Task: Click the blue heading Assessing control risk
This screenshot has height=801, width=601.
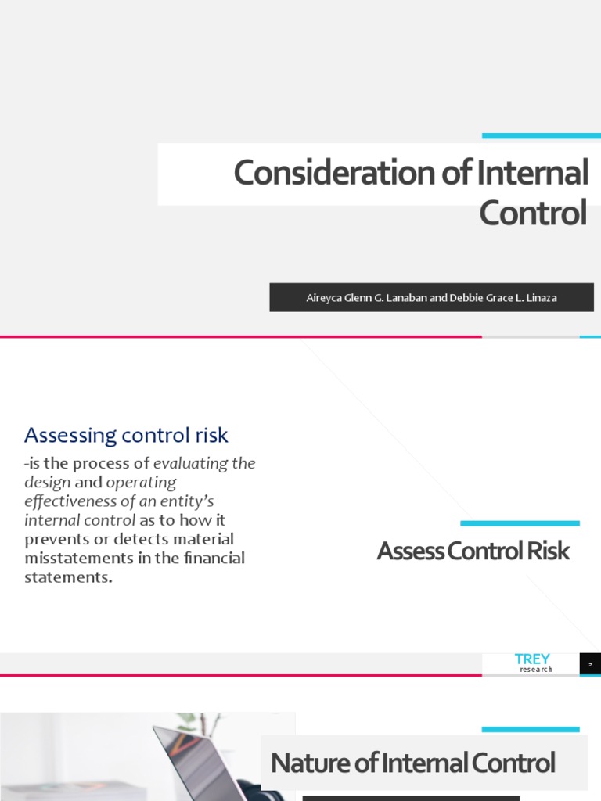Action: tap(126, 435)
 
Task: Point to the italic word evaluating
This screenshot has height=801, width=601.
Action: tap(193, 463)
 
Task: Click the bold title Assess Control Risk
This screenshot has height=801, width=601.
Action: tap(473, 551)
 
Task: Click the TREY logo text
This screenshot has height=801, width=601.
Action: tap(532, 659)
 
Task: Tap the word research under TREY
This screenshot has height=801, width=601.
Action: tap(536, 670)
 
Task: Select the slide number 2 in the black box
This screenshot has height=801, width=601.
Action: tap(590, 665)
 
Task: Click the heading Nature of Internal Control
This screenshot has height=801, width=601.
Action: tap(412, 762)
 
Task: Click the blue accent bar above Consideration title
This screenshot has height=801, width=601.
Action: tap(541, 136)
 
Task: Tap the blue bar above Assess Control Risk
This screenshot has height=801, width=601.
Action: tap(520, 523)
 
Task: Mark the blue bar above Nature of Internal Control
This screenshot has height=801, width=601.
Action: tap(531, 729)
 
